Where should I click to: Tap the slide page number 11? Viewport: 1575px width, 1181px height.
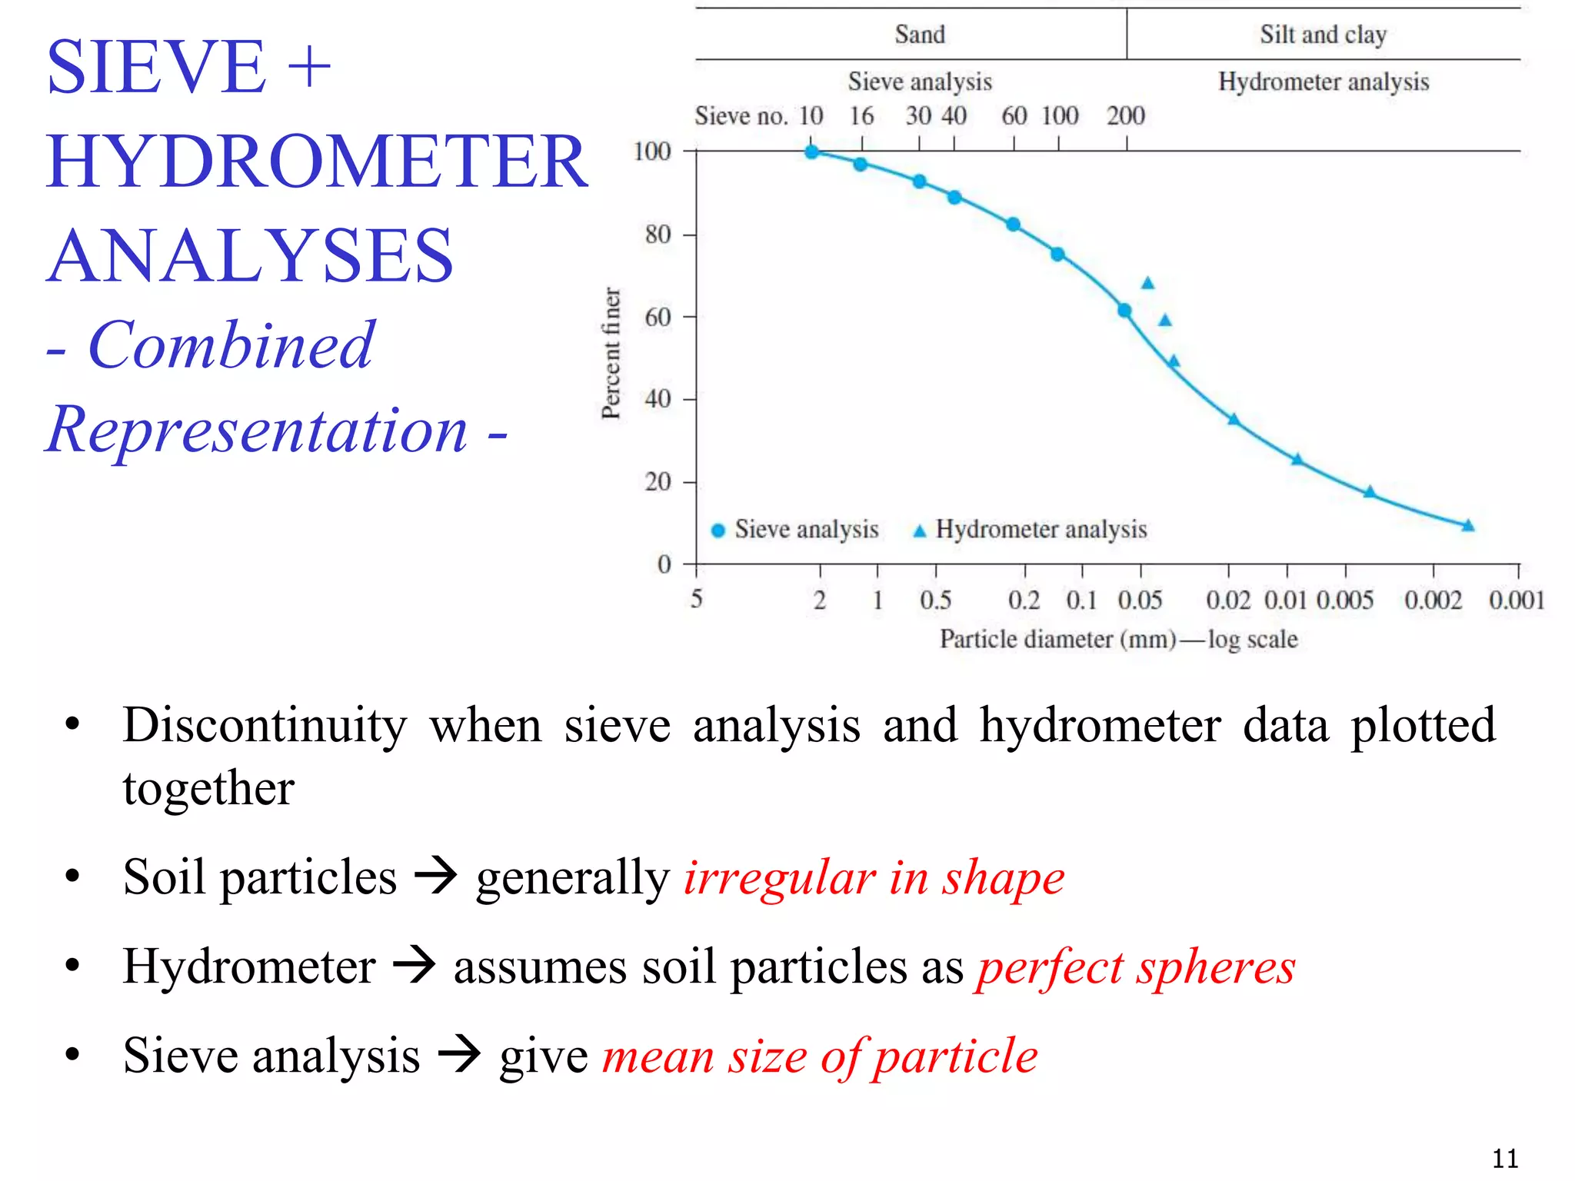pos(1504,1158)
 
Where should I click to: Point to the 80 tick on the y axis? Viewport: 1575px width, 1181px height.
pos(658,234)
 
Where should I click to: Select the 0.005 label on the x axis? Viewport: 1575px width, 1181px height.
pos(1344,600)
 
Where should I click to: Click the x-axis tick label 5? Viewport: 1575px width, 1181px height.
pos(696,598)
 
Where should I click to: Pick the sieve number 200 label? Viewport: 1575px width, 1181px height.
pos(1126,116)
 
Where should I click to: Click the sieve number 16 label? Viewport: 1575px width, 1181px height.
pos(861,116)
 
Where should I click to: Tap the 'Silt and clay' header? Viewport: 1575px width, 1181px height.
pos(1323,35)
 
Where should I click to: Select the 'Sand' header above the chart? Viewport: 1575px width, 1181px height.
pos(920,35)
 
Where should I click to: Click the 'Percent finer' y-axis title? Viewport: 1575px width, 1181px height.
pos(611,354)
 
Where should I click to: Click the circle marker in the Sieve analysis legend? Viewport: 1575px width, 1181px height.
pos(718,531)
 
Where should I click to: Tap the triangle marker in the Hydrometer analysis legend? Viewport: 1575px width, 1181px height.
pos(919,531)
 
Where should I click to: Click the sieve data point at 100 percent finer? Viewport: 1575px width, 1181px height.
pos(811,151)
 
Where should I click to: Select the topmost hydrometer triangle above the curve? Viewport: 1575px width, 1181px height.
pos(1147,284)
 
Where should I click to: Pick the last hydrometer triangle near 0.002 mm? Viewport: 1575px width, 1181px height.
pos(1467,526)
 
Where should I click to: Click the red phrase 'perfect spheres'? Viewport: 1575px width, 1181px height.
pos(1136,966)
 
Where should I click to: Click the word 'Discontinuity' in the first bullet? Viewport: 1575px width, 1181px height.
pos(265,725)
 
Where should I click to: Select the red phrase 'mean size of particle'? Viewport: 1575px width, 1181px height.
pos(819,1056)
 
